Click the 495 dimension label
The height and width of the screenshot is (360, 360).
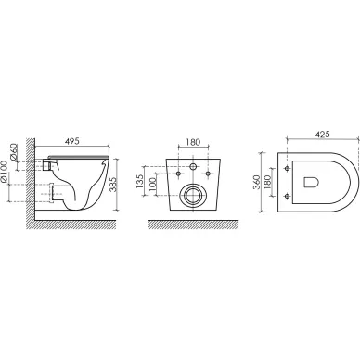click(x=72, y=141)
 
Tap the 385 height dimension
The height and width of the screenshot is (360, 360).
click(x=113, y=185)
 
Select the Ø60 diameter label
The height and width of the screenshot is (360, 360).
click(x=14, y=151)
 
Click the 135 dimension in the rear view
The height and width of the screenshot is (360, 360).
click(x=139, y=181)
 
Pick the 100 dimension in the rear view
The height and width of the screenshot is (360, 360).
click(x=153, y=185)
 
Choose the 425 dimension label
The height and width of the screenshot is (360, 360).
click(x=323, y=135)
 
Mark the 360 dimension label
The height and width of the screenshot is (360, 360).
click(x=256, y=182)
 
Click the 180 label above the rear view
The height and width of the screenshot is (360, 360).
click(x=193, y=142)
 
